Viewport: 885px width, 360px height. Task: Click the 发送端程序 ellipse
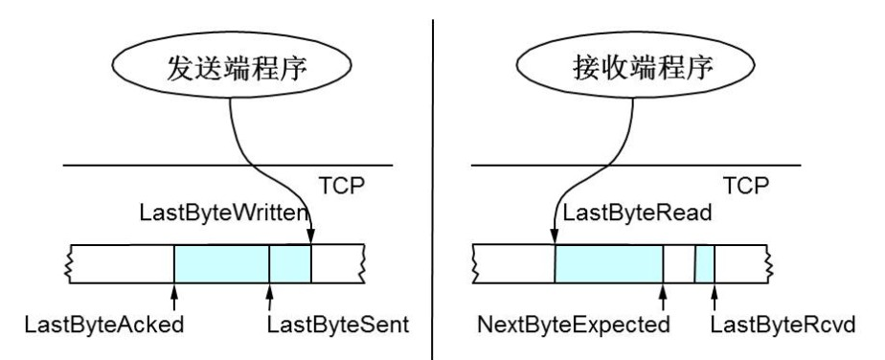[x=230, y=67]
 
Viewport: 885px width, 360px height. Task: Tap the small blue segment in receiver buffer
[x=705, y=263]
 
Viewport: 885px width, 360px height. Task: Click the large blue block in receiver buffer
[x=609, y=263]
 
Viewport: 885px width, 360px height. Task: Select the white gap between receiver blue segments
[x=679, y=263]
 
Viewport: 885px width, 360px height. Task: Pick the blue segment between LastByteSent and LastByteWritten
[x=290, y=263]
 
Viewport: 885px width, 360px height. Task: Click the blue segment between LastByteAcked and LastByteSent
[x=221, y=263]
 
